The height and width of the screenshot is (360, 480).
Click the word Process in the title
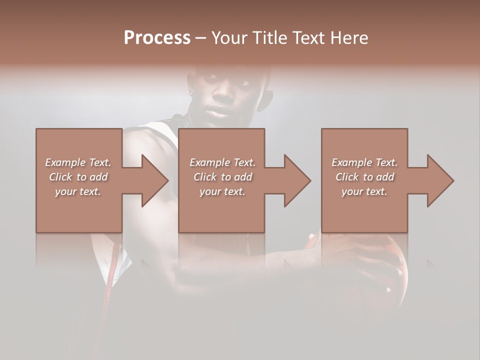click(157, 38)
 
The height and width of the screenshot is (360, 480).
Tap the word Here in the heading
click(348, 38)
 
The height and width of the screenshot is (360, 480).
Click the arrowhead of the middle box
click(296, 180)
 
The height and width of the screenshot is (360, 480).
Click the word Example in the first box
click(65, 162)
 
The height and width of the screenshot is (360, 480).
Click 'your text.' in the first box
click(78, 191)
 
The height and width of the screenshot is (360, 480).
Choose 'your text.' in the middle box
click(222, 191)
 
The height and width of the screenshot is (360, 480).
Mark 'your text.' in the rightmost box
click(364, 191)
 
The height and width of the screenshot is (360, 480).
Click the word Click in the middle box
click(204, 177)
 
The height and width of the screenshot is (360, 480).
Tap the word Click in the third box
click(346, 177)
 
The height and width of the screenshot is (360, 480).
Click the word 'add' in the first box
click(99, 177)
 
